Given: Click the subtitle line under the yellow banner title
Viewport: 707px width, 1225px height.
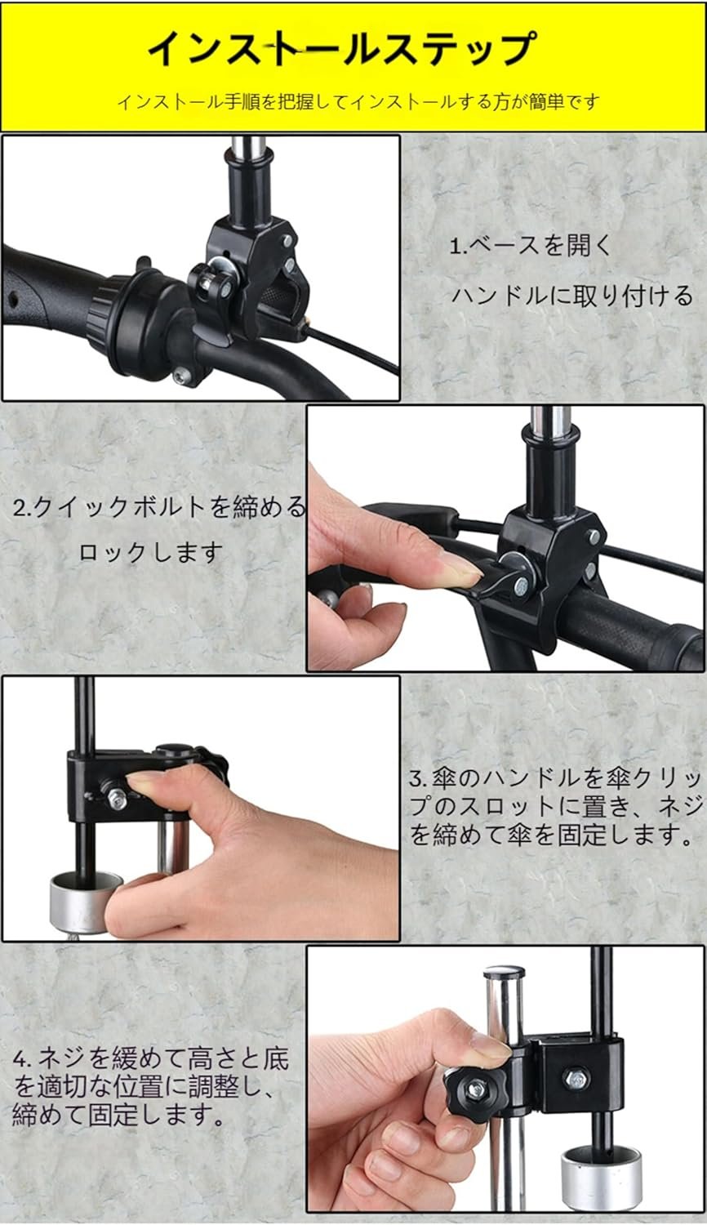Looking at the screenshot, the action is [x=358, y=101].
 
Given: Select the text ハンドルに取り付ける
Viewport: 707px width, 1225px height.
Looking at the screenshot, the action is [x=572, y=296].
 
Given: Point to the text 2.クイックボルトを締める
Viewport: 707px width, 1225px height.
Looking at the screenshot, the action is [x=159, y=507].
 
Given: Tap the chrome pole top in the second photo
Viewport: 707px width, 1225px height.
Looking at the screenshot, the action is [x=549, y=421].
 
